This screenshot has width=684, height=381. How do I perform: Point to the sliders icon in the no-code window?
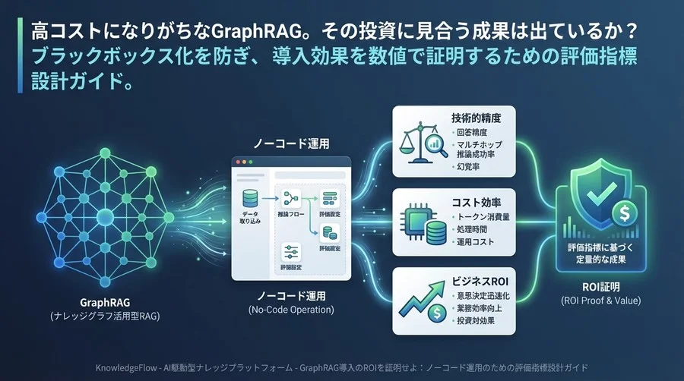pyautogui.click(x=290, y=251)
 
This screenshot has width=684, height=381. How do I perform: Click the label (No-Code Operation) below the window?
pyautogui.click(x=291, y=310)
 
